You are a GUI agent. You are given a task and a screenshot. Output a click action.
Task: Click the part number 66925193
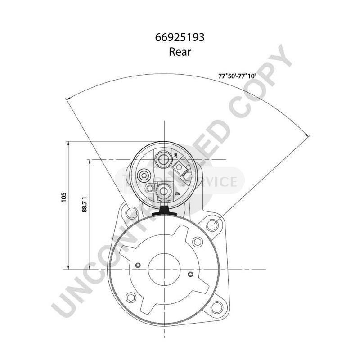pyautogui.click(x=180, y=38)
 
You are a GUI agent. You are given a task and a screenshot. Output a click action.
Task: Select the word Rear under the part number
pyautogui.click(x=180, y=52)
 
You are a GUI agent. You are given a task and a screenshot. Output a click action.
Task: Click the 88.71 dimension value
pyautogui.click(x=85, y=205)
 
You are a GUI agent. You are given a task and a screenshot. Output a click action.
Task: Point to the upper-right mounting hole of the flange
pyautogui.click(x=214, y=223)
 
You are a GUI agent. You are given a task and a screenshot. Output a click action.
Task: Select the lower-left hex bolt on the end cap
pyautogui.click(x=131, y=297)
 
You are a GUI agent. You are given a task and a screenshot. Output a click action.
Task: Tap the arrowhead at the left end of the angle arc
pyautogui.click(x=67, y=99)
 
